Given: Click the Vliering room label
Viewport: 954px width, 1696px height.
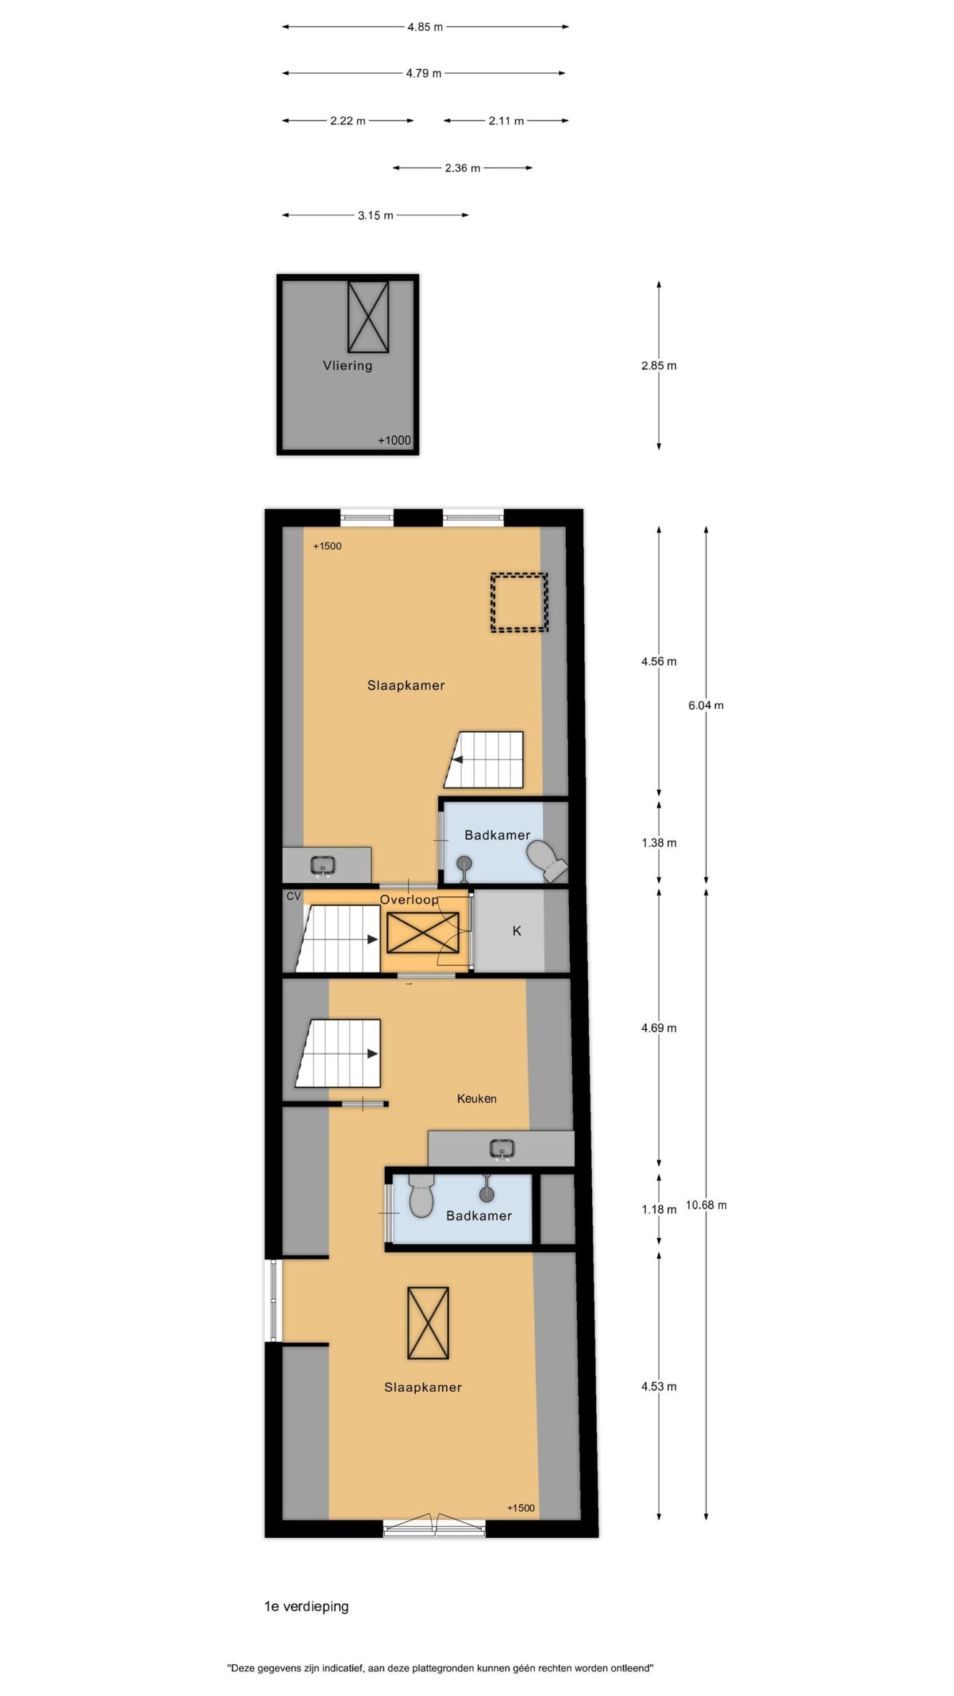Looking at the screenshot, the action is (x=347, y=365).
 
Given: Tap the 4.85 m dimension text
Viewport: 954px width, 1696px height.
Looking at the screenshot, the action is (x=425, y=27).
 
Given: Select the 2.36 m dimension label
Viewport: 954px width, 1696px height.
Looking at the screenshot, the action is (x=462, y=168).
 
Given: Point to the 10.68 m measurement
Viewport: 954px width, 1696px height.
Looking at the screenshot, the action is (x=706, y=1205).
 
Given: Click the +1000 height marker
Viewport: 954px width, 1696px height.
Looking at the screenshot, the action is (x=394, y=441).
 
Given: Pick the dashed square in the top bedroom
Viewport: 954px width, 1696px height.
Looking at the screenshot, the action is (x=519, y=602).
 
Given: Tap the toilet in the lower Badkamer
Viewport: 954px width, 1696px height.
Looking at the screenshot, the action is (x=421, y=1195).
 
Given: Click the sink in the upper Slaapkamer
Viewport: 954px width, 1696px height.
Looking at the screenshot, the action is (x=323, y=865).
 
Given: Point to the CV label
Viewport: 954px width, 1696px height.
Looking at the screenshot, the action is (x=293, y=896).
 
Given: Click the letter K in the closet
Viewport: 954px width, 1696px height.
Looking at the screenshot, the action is (x=517, y=931).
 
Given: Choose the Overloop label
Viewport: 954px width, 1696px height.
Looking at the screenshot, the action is (x=409, y=900).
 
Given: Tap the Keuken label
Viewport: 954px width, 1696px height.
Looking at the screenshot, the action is (x=476, y=1098).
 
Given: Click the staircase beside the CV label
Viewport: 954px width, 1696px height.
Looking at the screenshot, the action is (x=338, y=939).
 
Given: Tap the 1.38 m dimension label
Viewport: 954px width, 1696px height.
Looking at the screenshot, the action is (x=659, y=843).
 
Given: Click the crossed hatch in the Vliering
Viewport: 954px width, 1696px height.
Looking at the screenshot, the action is (x=368, y=317).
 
